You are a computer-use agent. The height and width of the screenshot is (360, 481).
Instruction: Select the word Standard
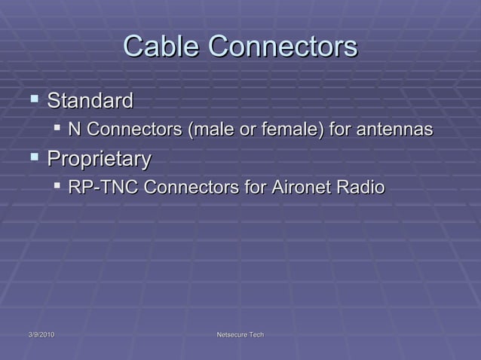pyautogui.click(x=90, y=100)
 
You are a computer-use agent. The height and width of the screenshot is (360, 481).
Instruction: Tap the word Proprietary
pyautogui.click(x=99, y=159)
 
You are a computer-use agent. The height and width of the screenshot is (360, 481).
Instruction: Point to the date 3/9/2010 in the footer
pyautogui.click(x=37, y=334)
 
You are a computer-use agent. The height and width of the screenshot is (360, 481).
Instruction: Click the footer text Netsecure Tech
pyautogui.click(x=240, y=334)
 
